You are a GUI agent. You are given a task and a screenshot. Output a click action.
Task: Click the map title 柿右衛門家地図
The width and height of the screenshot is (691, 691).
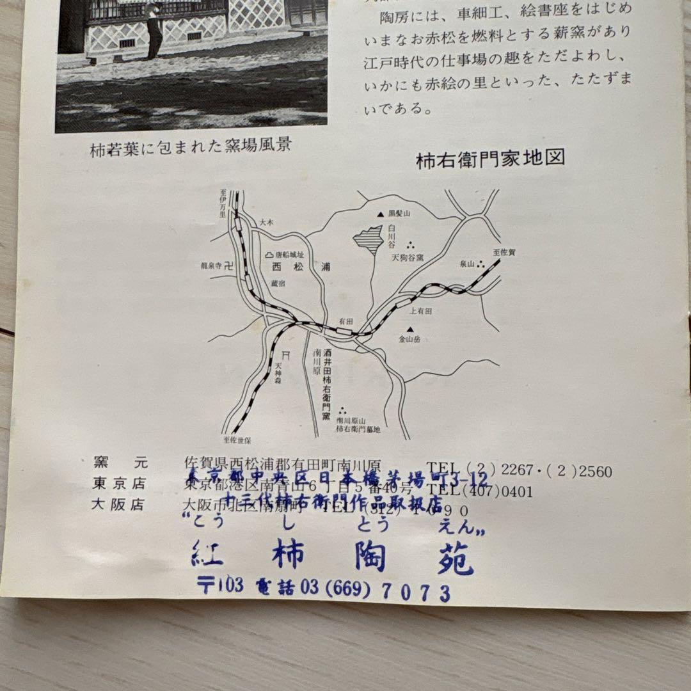[491, 159]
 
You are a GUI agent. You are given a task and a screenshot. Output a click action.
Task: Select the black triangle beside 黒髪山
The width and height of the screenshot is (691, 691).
[380, 214]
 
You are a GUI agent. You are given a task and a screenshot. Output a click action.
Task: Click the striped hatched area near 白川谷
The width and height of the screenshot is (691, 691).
[369, 241]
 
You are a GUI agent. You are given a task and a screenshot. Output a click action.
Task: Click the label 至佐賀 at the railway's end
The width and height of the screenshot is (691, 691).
[504, 253]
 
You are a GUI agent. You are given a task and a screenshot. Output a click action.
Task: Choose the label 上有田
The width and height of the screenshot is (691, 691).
[422, 310]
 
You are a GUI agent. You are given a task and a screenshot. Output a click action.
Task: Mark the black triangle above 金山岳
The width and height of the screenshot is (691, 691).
[409, 329]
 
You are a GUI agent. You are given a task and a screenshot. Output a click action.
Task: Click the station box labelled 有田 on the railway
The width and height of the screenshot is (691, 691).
[344, 331]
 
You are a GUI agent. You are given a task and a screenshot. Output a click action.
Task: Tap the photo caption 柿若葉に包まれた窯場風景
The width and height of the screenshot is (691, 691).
[191, 145]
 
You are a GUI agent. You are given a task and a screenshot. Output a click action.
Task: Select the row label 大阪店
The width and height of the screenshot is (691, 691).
[118, 504]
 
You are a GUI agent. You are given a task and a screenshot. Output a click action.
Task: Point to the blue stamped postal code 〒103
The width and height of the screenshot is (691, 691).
[219, 585]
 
